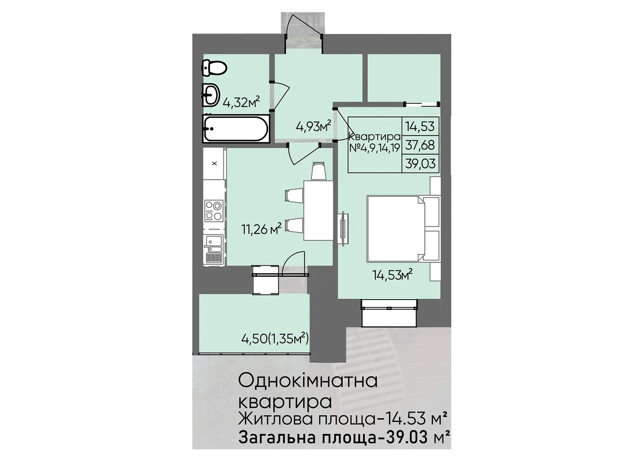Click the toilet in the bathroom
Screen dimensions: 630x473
214,68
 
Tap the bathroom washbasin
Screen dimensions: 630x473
211,94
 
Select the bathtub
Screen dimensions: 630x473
236,128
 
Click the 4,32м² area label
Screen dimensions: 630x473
241,102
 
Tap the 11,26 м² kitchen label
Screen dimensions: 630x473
261,229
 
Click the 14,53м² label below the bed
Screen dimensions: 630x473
392,275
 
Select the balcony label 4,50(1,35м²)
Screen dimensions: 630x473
275,339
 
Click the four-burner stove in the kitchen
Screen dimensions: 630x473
214,210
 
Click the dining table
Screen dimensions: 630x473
318,210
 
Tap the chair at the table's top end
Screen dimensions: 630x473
319,171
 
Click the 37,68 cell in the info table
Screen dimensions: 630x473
420,145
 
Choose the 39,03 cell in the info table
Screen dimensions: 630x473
420,164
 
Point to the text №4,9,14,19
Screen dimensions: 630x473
374,148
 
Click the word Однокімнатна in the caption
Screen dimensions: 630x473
308,382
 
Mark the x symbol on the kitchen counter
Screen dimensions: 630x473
214,164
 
